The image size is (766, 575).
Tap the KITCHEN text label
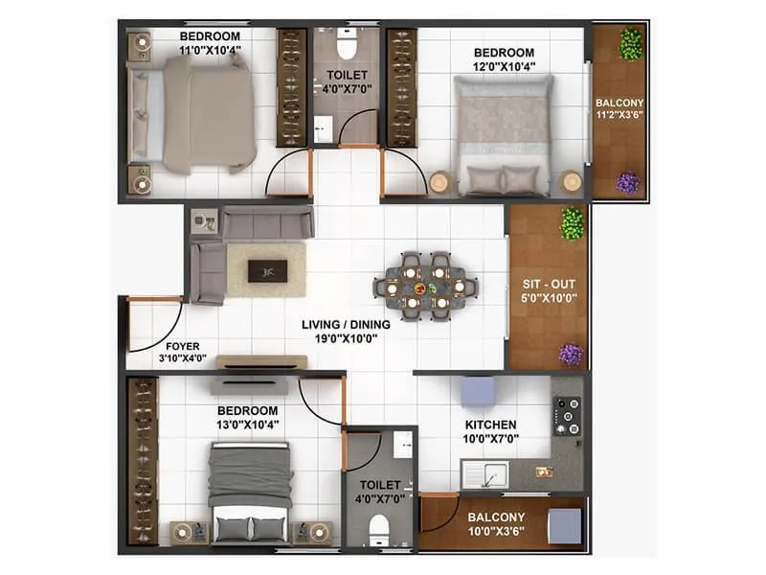(490, 425)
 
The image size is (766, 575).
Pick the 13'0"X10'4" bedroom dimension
(247, 424)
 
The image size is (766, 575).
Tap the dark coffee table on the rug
(265, 271)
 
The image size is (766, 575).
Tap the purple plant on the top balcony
(627, 181)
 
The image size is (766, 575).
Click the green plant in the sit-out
(572, 223)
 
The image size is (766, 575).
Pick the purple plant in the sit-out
(571, 354)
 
